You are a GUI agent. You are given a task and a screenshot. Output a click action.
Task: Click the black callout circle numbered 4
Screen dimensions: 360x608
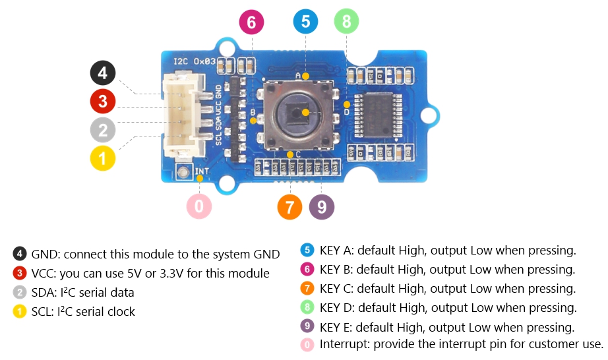pos(103,73)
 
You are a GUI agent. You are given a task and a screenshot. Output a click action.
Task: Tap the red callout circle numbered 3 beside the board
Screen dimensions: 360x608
pos(103,102)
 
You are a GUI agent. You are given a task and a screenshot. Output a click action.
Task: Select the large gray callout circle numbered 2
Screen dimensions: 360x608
pos(103,130)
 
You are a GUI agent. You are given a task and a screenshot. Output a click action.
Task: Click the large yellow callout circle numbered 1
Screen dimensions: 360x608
pos(103,158)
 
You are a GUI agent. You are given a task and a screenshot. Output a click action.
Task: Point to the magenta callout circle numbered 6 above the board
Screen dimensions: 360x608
pos(251,22)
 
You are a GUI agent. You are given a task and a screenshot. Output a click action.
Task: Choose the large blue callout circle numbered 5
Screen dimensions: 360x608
pos(305,22)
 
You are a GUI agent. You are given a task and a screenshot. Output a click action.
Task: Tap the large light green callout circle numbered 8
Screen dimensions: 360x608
pos(347,22)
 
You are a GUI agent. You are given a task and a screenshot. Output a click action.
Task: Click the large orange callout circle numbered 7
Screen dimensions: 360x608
pos(289,207)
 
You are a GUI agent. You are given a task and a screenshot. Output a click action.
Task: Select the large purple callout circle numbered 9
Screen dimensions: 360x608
pos(322,207)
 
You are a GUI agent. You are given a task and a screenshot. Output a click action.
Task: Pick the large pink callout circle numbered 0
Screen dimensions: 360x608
pos(199,207)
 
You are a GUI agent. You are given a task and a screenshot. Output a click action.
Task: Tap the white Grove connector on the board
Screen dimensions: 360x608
pos(182,115)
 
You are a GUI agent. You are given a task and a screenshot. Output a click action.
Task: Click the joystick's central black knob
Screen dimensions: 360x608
pos(299,113)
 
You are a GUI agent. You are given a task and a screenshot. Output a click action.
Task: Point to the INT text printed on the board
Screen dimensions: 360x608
pos(202,170)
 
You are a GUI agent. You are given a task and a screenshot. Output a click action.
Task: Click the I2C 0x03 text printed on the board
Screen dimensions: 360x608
pos(191,61)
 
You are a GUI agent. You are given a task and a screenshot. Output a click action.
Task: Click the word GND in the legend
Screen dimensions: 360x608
pos(45,254)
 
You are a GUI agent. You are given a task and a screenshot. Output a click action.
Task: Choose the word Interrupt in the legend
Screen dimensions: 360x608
pos(344,344)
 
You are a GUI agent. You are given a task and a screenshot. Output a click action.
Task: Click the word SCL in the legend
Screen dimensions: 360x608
pos(43,311)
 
